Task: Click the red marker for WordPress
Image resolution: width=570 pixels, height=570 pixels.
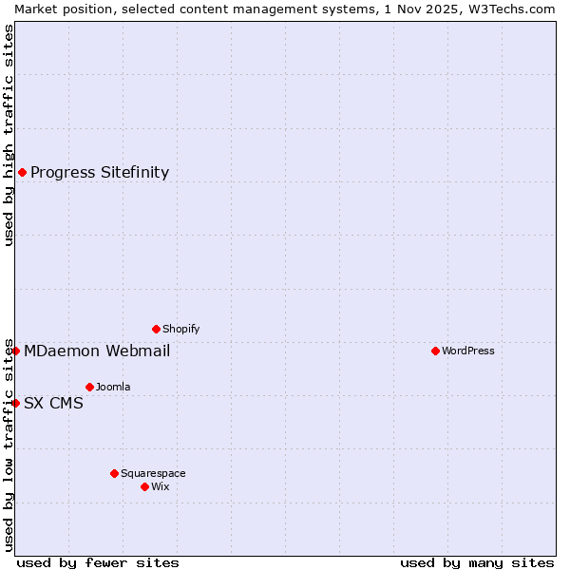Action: coord(435,351)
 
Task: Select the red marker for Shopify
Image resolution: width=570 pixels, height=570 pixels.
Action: coord(156,329)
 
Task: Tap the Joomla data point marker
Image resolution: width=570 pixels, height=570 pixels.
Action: coord(89,387)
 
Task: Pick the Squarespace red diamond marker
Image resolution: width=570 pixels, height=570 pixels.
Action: coord(114,473)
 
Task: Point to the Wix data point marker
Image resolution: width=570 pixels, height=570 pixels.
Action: coord(144,486)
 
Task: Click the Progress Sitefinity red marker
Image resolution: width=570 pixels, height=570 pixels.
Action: coord(22,172)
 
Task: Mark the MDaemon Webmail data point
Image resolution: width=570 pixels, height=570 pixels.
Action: coord(15,351)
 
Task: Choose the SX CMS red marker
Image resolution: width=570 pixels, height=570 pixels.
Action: coord(15,403)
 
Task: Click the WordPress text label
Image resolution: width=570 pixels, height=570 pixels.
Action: coord(468,351)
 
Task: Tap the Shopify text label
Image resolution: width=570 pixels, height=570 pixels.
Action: coord(181,329)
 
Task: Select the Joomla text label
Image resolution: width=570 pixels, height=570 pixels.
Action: coord(113,387)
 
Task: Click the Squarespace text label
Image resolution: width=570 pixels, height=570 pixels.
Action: coord(153,473)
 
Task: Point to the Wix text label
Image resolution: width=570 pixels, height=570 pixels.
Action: coord(161,486)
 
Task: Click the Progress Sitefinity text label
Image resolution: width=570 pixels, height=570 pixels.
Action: coord(100,172)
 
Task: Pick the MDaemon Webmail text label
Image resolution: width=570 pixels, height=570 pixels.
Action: coord(97,351)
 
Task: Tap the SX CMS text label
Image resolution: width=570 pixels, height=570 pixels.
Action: coord(53,403)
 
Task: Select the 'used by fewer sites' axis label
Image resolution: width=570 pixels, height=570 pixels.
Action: coord(98,562)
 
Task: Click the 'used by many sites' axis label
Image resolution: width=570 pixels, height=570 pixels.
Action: coord(477,562)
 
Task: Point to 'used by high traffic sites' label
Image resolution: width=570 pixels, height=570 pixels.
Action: coord(9,135)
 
